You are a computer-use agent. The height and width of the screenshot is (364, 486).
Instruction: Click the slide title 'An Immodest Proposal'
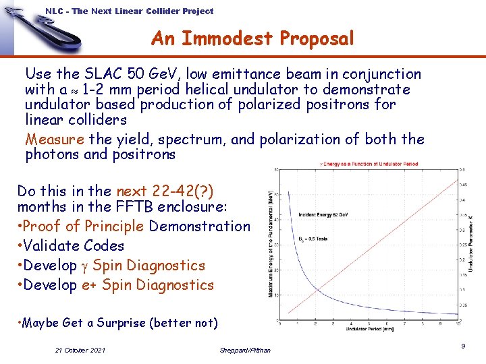252,38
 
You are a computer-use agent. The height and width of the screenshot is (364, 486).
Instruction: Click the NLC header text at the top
129,11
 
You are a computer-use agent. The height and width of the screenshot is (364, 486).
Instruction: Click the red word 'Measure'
55,140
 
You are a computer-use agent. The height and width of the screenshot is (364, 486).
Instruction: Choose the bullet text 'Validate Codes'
74,245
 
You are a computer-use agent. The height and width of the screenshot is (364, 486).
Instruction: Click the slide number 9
463,346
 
